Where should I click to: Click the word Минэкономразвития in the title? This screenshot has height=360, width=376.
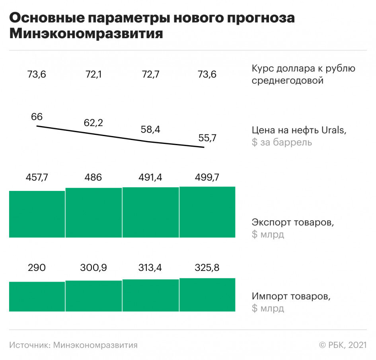(86, 33)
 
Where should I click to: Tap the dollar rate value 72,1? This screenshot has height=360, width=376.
(94, 74)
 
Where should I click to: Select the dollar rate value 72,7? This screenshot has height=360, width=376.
(150, 74)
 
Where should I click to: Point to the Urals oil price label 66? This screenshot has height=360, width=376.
(37, 117)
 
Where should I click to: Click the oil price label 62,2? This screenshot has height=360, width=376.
(94, 123)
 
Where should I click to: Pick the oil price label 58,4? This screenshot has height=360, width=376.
(150, 130)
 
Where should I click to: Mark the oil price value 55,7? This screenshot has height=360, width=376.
(207, 138)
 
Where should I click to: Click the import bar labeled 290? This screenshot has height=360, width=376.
(37, 296)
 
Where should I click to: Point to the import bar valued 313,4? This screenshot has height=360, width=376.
(150, 295)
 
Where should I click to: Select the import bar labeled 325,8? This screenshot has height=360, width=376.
(207, 294)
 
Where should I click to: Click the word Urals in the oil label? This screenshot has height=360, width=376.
(333, 130)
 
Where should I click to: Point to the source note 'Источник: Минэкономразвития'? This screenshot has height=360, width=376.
(73, 345)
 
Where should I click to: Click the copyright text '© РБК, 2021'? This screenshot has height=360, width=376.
(343, 345)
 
